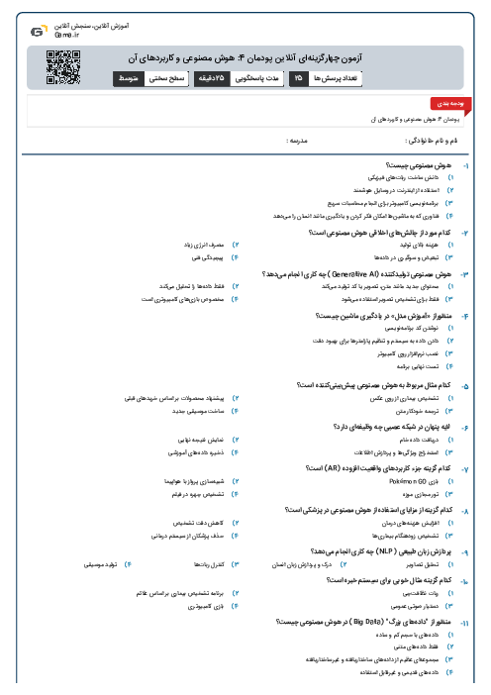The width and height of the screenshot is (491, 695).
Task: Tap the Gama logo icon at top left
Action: point(37,32)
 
